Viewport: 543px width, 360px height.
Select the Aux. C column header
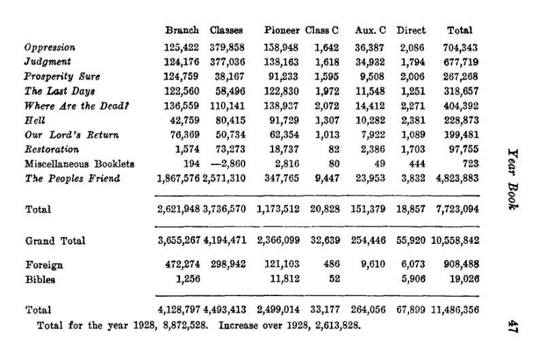tap(370, 31)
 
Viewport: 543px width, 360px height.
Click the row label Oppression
tap(50, 48)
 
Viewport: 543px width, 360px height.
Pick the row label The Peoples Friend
tap(72, 178)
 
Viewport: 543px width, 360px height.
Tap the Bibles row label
tap(40, 278)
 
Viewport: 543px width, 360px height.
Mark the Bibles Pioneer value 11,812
tap(285, 278)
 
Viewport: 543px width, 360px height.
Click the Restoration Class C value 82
tap(333, 149)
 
